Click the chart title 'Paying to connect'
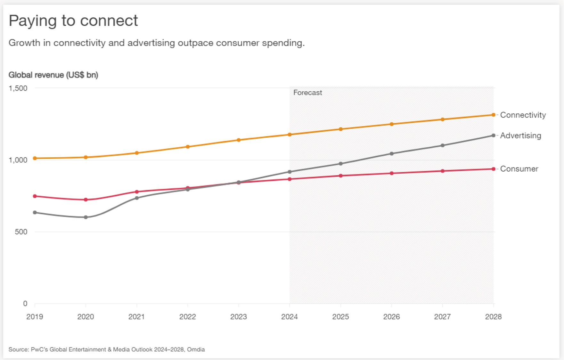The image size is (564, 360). coord(73,21)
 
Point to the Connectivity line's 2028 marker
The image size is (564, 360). coord(493,115)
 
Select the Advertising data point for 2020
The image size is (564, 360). coord(86,217)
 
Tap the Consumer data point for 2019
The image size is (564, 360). coord(35,196)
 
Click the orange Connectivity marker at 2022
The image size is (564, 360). coord(188,147)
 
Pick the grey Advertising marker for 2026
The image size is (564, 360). coord(391,154)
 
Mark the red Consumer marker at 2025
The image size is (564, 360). coord(340,176)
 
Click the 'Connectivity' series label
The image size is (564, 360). coord(523,115)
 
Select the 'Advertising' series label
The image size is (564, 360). coord(520,136)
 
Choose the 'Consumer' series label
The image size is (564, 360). coord(519,169)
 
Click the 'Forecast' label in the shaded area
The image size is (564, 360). coord(307,93)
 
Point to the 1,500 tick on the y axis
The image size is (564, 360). coord(18,88)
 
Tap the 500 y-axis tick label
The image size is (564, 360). coord(21,232)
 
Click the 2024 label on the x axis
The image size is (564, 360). coord(290,317)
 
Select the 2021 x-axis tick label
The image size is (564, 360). coord(136,317)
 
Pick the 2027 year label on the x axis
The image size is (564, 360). coord(442,317)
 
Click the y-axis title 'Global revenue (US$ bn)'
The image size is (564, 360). coord(53,75)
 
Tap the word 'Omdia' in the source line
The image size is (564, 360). coord(196,349)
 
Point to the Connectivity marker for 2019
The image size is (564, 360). coord(35,158)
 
